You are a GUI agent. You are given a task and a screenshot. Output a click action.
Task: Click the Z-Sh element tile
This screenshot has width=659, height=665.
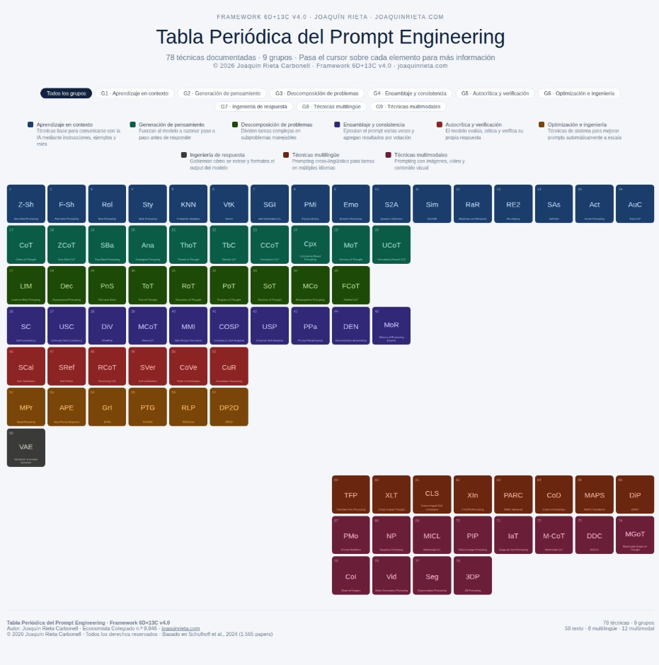point(25,204)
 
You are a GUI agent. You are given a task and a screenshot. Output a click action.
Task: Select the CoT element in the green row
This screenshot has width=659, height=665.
point(25,245)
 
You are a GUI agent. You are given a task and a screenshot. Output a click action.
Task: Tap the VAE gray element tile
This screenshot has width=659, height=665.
point(25,447)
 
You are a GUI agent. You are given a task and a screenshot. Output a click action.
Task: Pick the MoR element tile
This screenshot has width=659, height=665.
point(391,325)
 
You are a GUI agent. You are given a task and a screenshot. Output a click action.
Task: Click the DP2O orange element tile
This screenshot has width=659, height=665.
point(229,407)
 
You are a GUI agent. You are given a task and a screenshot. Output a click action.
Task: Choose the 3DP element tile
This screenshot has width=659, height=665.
point(472,575)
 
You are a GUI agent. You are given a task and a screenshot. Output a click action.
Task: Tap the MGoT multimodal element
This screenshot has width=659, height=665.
point(635,535)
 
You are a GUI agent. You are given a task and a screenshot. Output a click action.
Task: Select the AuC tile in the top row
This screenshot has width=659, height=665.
point(635,204)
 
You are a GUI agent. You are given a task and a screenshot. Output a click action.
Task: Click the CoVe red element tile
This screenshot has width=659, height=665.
point(188,366)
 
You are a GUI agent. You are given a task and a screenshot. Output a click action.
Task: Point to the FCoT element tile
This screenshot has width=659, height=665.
point(350,285)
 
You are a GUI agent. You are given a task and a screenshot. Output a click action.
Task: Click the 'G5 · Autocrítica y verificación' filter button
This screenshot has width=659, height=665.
point(495,93)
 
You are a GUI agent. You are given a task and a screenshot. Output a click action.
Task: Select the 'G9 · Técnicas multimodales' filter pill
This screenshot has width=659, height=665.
point(408,107)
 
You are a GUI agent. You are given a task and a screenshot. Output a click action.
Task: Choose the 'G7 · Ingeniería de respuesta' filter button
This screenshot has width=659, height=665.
point(253,107)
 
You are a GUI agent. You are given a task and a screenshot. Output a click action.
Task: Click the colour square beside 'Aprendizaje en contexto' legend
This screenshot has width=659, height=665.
point(30,125)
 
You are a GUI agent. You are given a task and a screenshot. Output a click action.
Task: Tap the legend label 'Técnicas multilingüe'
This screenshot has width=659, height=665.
point(315,155)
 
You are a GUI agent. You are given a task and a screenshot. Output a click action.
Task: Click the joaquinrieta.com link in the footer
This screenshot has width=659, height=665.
point(180,628)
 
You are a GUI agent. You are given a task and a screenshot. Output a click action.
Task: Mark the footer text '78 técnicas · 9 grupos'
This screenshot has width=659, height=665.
point(628,623)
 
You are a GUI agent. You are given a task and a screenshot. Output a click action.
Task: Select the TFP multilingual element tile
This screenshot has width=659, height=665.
point(351,495)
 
